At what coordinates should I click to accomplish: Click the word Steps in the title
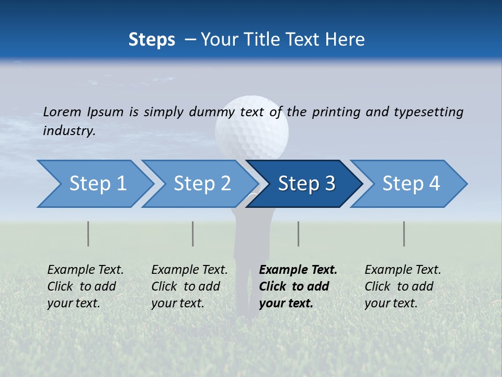coord(152,40)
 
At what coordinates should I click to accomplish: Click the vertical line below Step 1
coord(88,234)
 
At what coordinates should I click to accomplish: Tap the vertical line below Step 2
coord(193,234)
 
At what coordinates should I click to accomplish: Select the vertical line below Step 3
coord(298,234)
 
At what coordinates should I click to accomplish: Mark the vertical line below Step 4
coord(404,234)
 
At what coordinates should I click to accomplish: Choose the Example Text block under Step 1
coord(85,286)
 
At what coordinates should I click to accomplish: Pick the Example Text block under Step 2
coord(189,286)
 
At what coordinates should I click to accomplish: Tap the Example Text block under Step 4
coord(403,286)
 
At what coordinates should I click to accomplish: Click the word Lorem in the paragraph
coord(62,112)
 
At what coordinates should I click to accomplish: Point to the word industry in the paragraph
coord(69,131)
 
